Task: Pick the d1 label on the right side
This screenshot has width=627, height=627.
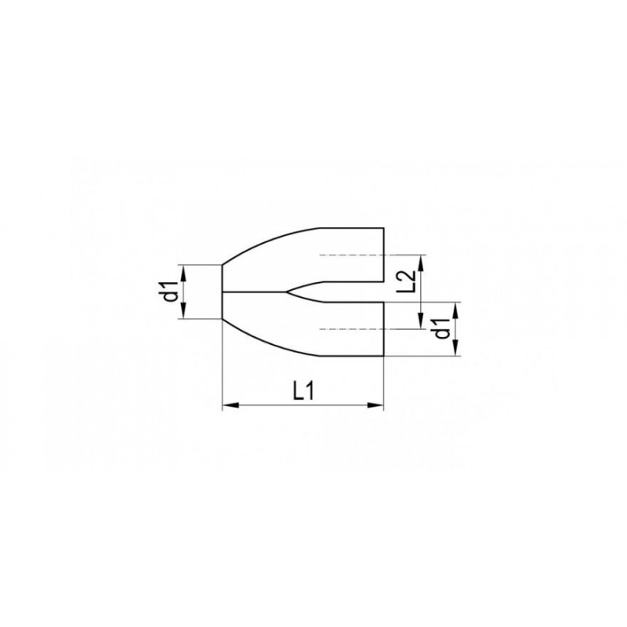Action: pos(443,328)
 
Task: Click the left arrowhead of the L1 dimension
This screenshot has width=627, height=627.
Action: pos(230,405)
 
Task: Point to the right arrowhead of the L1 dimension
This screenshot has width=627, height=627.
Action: pos(375,405)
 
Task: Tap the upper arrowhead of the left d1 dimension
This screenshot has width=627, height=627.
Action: pos(183,273)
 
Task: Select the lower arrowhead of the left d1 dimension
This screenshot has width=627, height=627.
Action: pos(183,310)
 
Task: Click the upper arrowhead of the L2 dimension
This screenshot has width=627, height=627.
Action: pos(421,263)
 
